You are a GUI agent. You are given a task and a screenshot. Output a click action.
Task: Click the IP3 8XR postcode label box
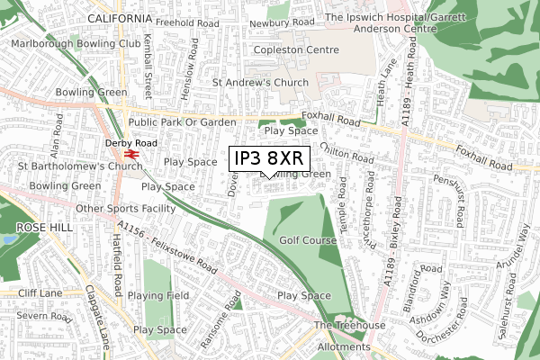tap(270, 159)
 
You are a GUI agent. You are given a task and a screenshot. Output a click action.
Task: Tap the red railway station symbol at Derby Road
tap(130, 154)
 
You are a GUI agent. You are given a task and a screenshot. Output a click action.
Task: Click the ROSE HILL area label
tap(36, 228)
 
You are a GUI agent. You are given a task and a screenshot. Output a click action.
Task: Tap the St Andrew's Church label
tap(260, 83)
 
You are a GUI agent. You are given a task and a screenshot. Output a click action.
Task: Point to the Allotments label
tap(342, 346)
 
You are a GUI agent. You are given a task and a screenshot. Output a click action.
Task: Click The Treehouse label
tap(348, 325)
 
